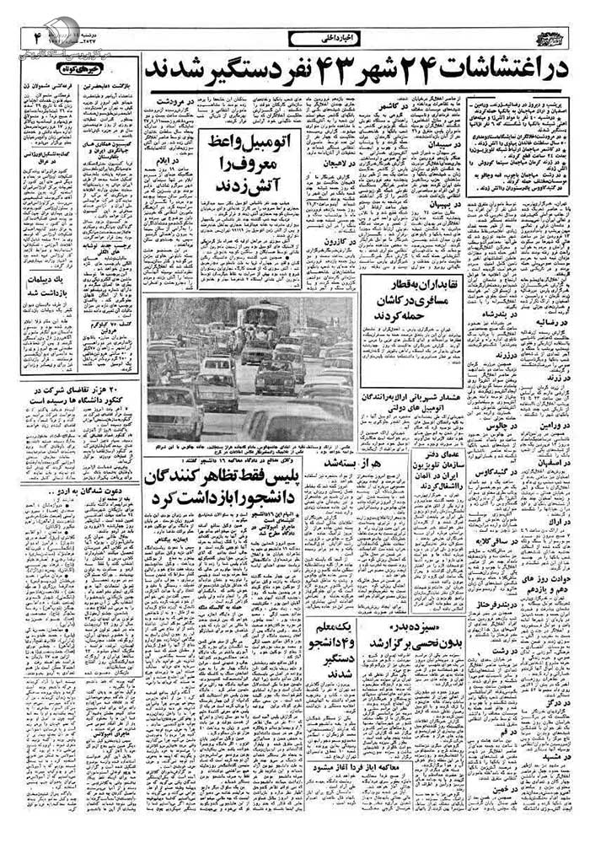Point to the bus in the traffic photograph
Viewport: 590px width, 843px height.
click(x=264, y=319)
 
